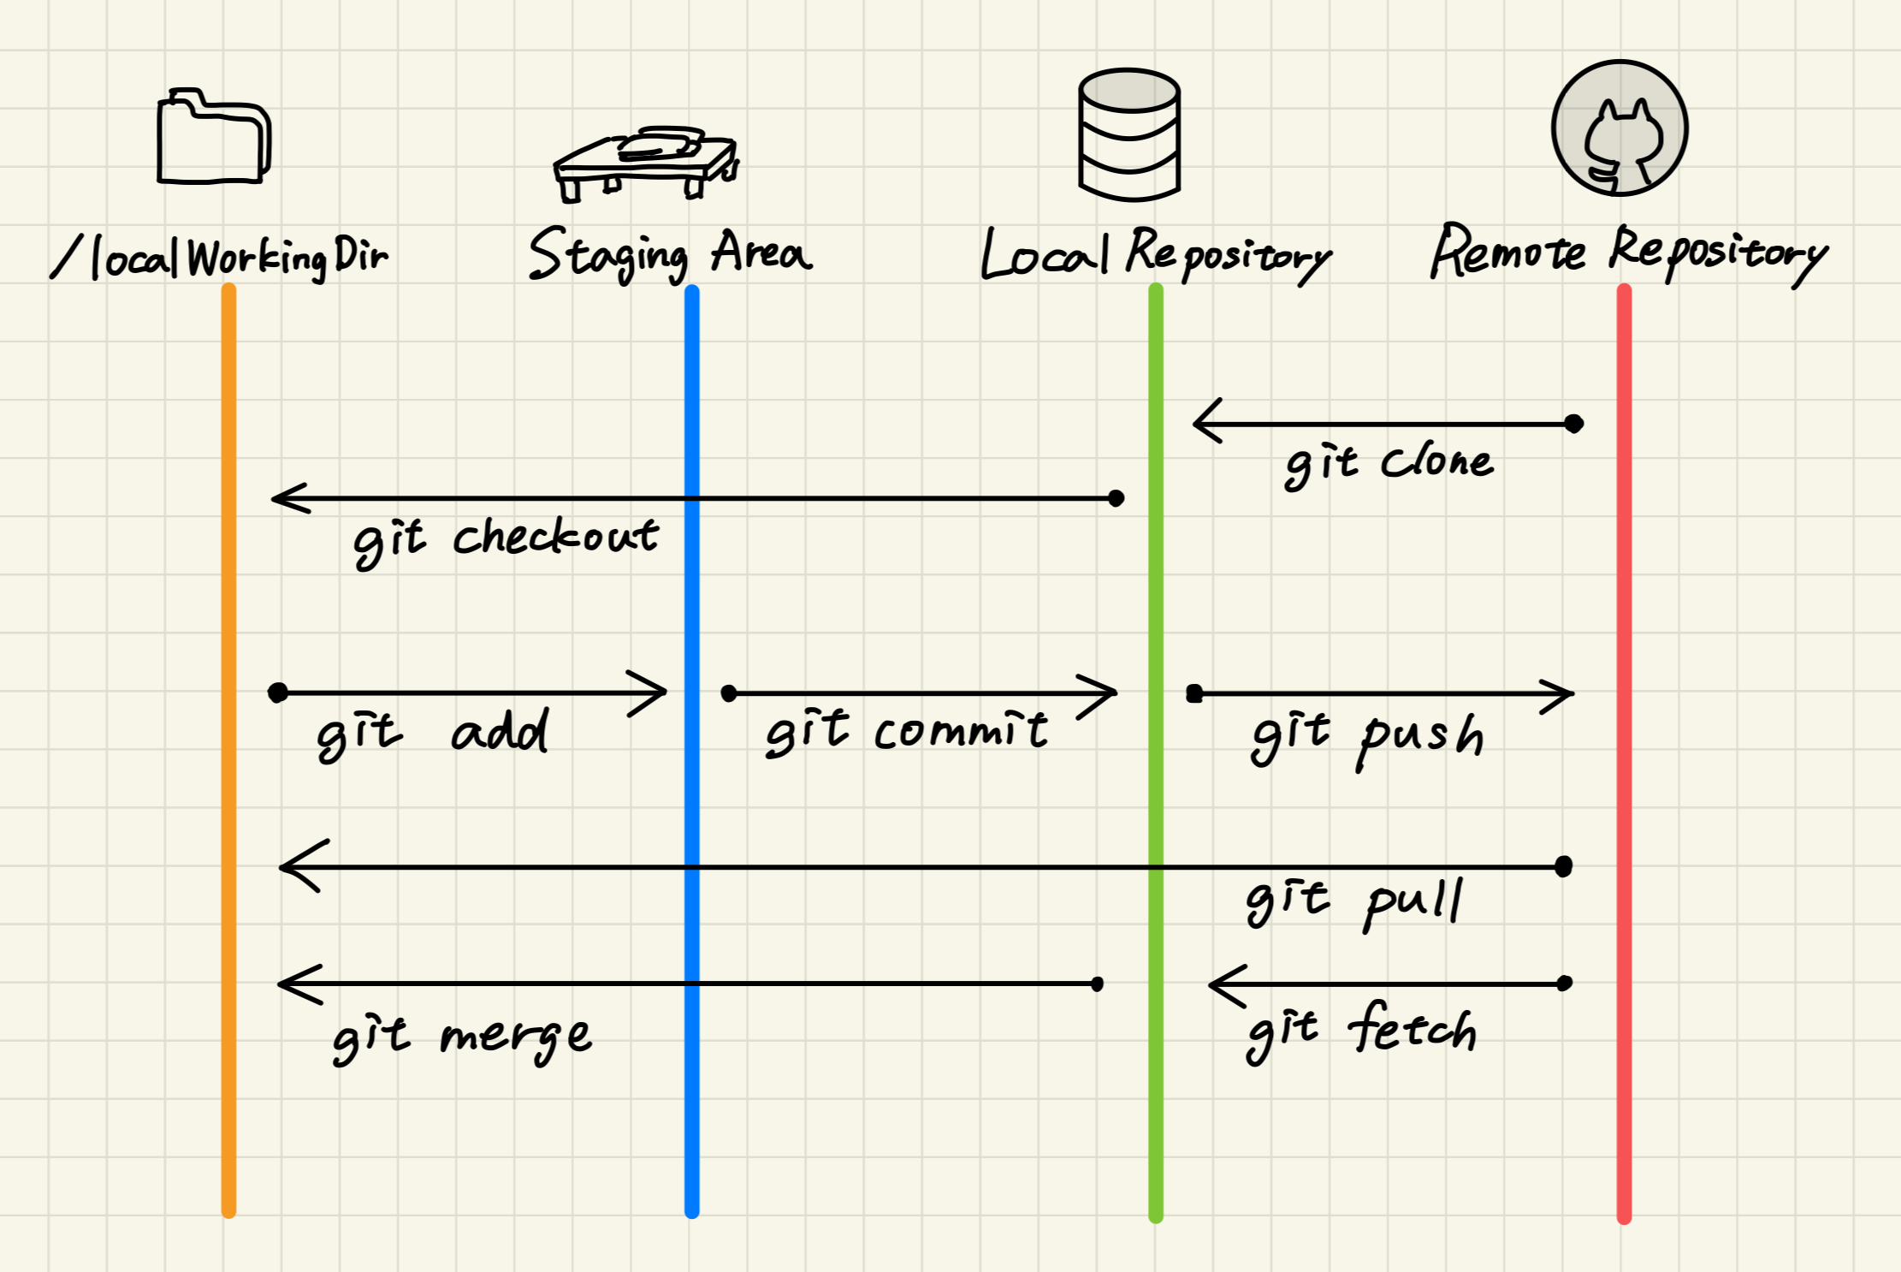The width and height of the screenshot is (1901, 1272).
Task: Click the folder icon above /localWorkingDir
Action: point(214,137)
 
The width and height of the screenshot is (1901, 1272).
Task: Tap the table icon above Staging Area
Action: point(646,163)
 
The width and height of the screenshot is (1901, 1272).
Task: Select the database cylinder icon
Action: point(1129,134)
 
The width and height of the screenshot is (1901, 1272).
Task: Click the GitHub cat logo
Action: point(1620,128)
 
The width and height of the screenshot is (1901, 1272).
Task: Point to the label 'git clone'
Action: point(1389,465)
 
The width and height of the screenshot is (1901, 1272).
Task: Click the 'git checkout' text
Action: point(506,542)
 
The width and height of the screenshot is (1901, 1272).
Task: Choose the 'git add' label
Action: point(433,734)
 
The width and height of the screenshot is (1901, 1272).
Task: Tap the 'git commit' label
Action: point(906,733)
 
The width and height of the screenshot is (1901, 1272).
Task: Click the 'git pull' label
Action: point(1354,903)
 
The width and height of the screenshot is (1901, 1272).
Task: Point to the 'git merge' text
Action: point(462,1038)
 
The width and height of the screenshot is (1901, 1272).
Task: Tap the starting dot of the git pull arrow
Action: point(1563,867)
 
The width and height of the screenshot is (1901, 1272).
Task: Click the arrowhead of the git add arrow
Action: point(664,692)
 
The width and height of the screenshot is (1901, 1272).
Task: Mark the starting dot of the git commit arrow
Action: point(729,693)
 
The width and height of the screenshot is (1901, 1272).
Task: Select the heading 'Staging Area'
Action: point(671,254)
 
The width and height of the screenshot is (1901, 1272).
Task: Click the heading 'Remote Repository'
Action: point(1629,253)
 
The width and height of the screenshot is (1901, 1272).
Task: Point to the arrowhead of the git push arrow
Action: point(1571,694)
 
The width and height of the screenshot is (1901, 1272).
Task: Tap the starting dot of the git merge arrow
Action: point(1098,984)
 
